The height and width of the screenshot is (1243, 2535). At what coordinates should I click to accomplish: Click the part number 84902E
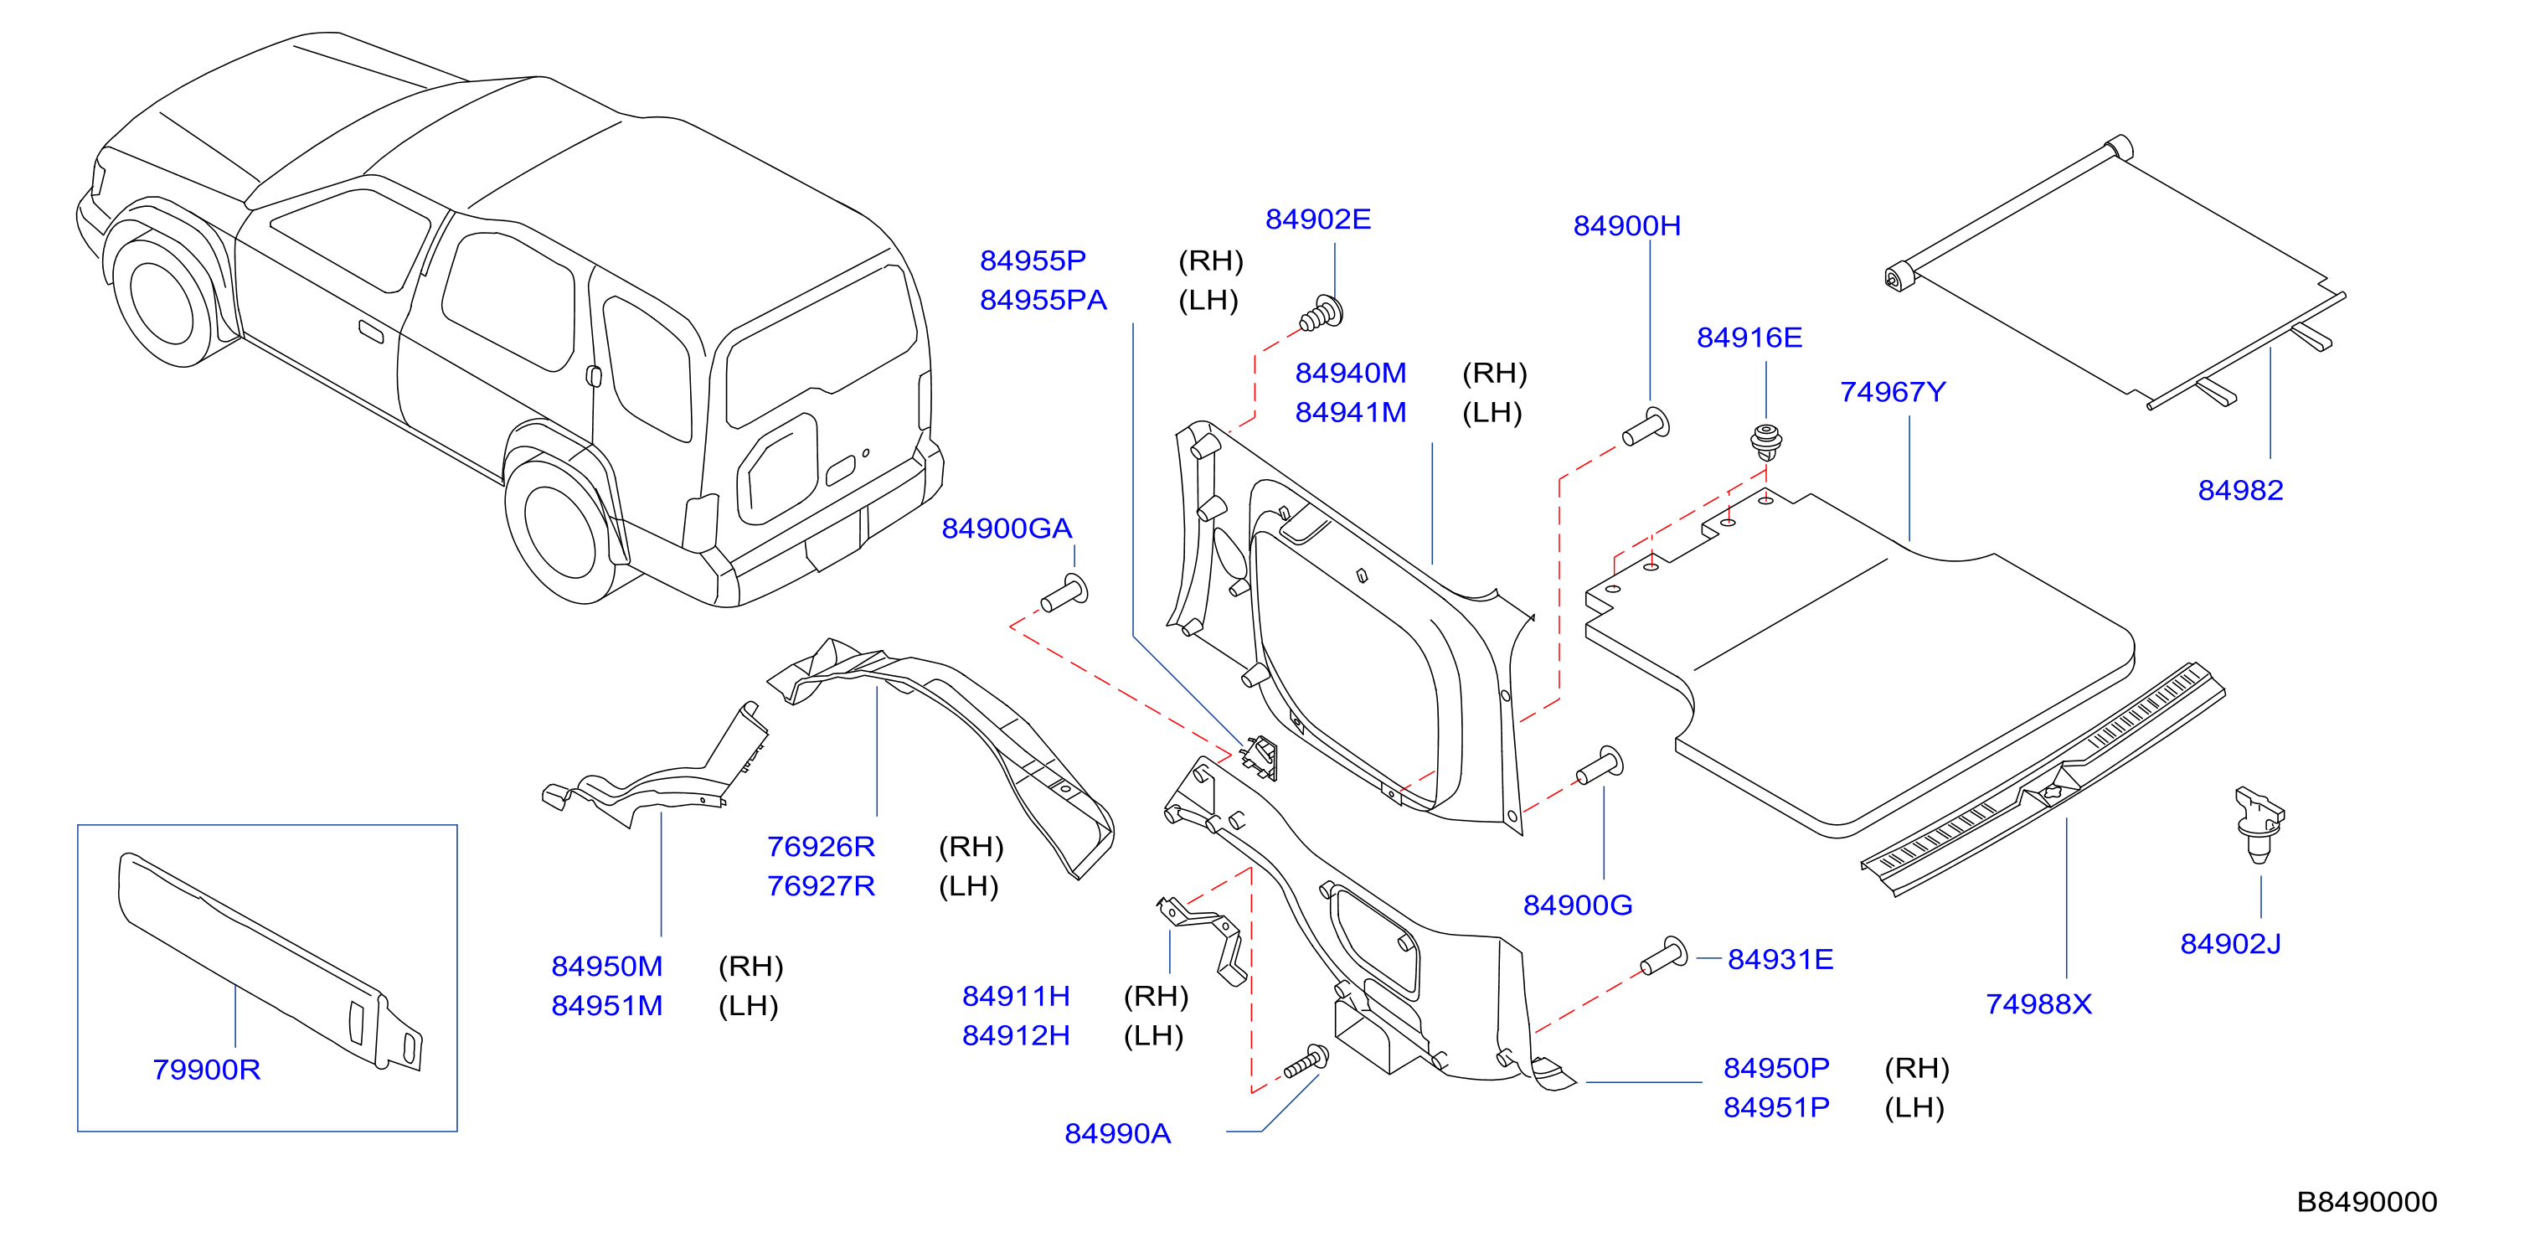[x=1317, y=219]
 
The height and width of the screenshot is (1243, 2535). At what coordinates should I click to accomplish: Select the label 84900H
[x=1626, y=226]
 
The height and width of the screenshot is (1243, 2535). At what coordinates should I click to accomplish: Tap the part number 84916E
[x=1749, y=338]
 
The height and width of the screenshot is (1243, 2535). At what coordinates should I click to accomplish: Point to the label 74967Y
[x=1893, y=393]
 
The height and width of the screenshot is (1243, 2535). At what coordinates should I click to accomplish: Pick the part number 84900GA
[x=1007, y=529]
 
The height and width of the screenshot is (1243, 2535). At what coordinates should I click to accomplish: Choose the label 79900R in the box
[x=206, y=1070]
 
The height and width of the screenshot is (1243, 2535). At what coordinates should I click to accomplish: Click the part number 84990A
[x=1117, y=1134]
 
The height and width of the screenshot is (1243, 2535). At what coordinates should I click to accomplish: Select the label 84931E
[x=1780, y=960]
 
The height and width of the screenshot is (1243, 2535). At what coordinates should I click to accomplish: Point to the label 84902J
[x=2230, y=945]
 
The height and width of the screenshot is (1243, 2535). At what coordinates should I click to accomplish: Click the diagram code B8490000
[x=2367, y=1203]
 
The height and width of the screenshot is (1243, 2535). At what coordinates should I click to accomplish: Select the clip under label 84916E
[x=1767, y=443]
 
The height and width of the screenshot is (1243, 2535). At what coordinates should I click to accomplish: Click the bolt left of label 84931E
[x=1664, y=956]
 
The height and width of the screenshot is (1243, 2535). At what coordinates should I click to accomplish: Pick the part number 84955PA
[x=1043, y=300]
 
